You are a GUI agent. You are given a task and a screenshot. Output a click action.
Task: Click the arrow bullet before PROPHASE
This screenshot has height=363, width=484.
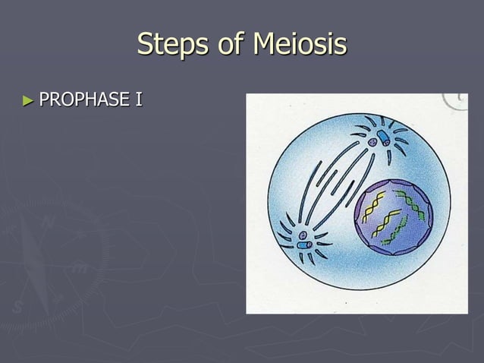(29, 99)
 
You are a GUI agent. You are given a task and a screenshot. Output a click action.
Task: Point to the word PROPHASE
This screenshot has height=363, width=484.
(84, 99)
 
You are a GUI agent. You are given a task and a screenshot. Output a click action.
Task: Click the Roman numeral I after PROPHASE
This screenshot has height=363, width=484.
(139, 99)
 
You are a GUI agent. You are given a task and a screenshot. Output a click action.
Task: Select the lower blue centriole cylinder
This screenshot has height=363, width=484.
(303, 246)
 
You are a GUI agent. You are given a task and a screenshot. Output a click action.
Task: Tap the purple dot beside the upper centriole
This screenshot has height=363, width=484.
(372, 142)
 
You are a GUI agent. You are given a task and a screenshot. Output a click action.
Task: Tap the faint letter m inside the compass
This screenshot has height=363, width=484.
(79, 267)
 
